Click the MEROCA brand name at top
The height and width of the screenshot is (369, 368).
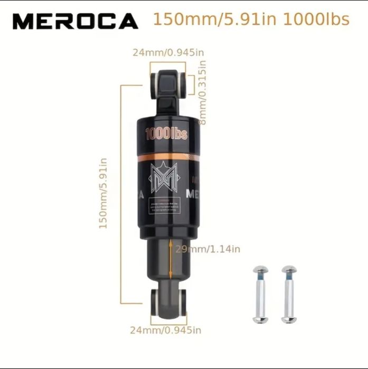click(x=75, y=21)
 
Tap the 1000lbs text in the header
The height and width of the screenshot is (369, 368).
click(x=316, y=20)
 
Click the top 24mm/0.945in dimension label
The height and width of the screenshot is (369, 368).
click(x=167, y=52)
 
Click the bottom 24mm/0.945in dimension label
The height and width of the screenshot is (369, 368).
click(x=166, y=330)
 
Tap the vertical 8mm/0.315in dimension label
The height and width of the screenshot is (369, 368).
click(x=202, y=92)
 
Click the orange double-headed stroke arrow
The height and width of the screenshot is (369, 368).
click(x=171, y=258)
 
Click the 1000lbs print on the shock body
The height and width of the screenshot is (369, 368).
click(x=166, y=134)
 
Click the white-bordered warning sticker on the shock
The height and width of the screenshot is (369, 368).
click(x=166, y=205)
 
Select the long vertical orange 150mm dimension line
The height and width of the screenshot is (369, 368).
click(x=122, y=193)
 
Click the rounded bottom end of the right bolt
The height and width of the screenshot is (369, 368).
click(x=288, y=318)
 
